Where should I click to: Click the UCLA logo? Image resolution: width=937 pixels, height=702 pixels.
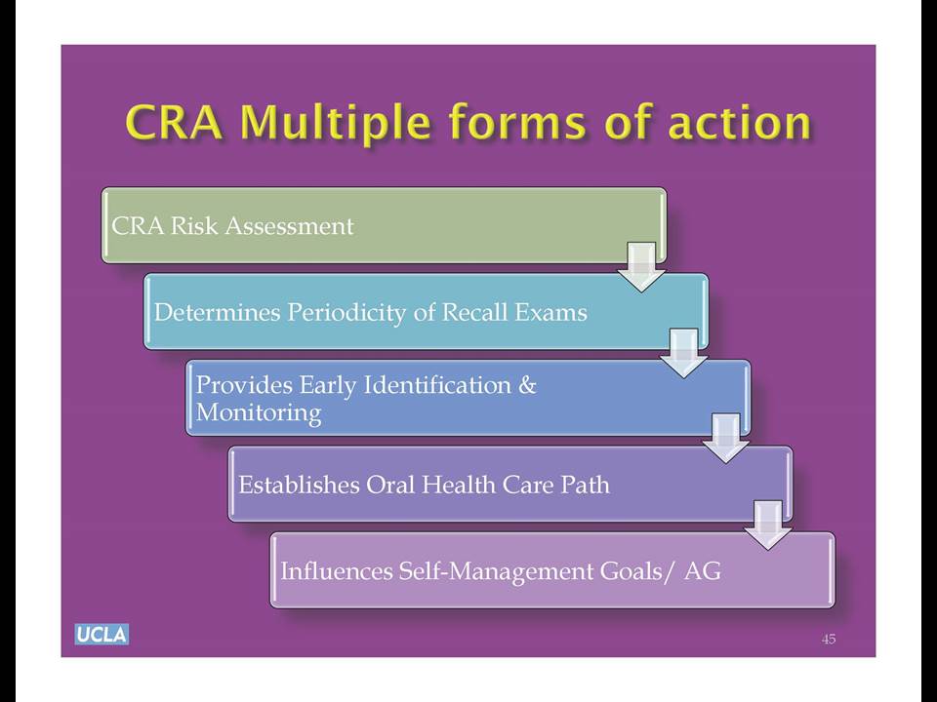pyautogui.click(x=102, y=634)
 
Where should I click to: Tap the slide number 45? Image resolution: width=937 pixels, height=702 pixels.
pyautogui.click(x=829, y=640)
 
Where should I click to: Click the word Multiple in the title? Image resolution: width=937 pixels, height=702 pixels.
pyautogui.click(x=335, y=124)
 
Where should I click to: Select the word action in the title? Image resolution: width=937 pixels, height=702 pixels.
pyautogui.click(x=740, y=123)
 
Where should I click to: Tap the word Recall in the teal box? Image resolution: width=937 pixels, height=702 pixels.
pyautogui.click(x=474, y=312)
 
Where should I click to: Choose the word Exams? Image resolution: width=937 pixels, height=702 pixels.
pyautogui.click(x=550, y=312)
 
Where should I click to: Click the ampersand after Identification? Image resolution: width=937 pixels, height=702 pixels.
pyautogui.click(x=527, y=385)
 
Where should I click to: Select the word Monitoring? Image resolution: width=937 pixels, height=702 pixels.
pyautogui.click(x=259, y=413)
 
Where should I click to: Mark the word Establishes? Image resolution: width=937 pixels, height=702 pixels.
pyautogui.click(x=299, y=485)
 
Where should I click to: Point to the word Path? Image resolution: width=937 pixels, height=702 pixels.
pyautogui.click(x=585, y=485)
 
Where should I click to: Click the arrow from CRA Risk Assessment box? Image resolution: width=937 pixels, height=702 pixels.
pyautogui.click(x=641, y=267)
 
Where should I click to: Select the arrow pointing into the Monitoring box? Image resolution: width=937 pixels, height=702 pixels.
pyautogui.click(x=683, y=353)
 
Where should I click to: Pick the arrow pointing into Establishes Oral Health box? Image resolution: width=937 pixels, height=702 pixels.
pyautogui.click(x=725, y=439)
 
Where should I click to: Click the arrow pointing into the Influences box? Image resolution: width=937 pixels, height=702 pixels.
pyautogui.click(x=768, y=526)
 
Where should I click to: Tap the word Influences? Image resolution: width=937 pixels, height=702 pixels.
pyautogui.click(x=337, y=571)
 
